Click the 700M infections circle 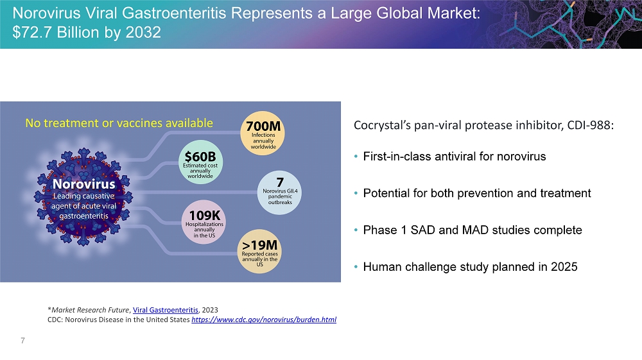pos(263,133)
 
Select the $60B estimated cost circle pos(200,162)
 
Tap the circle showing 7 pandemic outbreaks pos(280,193)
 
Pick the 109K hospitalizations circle pos(204,222)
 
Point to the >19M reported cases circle pos(259,251)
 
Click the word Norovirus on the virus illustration pos(84,184)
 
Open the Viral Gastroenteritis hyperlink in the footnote pos(166,310)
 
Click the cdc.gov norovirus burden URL pos(264,320)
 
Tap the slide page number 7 pos(23,340)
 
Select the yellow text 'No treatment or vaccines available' pos(119,123)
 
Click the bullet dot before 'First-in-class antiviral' pos(356,157)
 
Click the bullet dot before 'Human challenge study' pos(356,267)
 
